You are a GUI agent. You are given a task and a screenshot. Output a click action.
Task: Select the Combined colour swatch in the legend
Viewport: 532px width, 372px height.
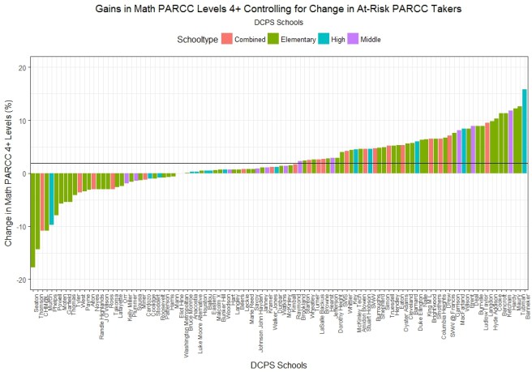pos(228,38)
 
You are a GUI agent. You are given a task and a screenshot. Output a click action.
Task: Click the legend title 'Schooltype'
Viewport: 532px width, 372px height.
pos(197,39)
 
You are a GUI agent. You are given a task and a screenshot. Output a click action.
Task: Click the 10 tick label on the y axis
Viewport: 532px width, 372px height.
pos(19,121)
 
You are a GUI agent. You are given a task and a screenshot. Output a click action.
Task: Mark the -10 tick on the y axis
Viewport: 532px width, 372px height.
pos(18,227)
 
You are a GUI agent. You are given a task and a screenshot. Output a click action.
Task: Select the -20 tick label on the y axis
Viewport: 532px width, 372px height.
pos(18,280)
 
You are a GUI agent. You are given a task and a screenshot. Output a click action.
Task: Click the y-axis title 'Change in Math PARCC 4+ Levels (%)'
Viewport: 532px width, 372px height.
pos(7,173)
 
